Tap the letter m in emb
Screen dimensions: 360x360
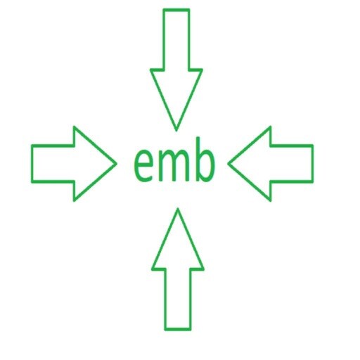pyautogui.click(x=174, y=165)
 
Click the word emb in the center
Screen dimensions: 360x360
pyautogui.click(x=174, y=160)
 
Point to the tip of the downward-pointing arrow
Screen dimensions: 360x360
pyautogui.click(x=176, y=131)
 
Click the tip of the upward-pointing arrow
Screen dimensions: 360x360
pyautogui.click(x=178, y=209)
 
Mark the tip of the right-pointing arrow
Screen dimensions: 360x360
pyautogui.click(x=117, y=164)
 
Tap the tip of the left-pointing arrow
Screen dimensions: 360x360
pyautogui.click(x=228, y=164)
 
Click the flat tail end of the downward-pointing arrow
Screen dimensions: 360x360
pyautogui.click(x=176, y=10)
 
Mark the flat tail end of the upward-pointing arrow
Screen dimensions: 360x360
pyautogui.click(x=178, y=330)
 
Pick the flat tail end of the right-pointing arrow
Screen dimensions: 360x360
pyautogui.click(x=32, y=164)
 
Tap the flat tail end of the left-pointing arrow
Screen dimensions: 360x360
pyautogui.click(x=312, y=164)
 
